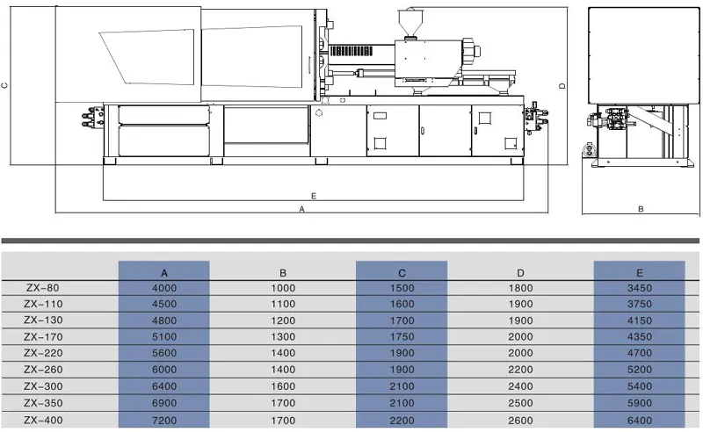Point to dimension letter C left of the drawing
point(4,85)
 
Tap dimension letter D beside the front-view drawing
point(562,85)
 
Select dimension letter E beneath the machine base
point(314,195)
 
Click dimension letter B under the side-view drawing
point(641,209)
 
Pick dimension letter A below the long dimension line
point(301,210)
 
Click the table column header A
point(163,272)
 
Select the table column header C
point(402,272)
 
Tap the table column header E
point(640,272)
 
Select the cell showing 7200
point(163,420)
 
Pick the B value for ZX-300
point(283,386)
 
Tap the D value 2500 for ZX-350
point(521,403)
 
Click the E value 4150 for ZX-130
point(640,320)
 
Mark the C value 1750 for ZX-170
point(402,337)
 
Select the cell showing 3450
point(640,287)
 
